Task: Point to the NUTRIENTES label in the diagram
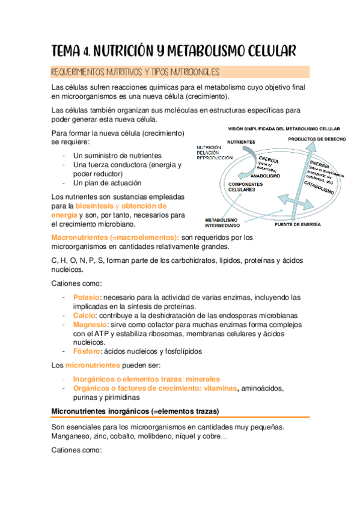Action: (241, 142)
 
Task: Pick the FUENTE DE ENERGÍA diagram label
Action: (297, 224)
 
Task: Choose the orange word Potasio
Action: (86, 297)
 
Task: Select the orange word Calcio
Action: (84, 316)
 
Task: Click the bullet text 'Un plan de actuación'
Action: (107, 183)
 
